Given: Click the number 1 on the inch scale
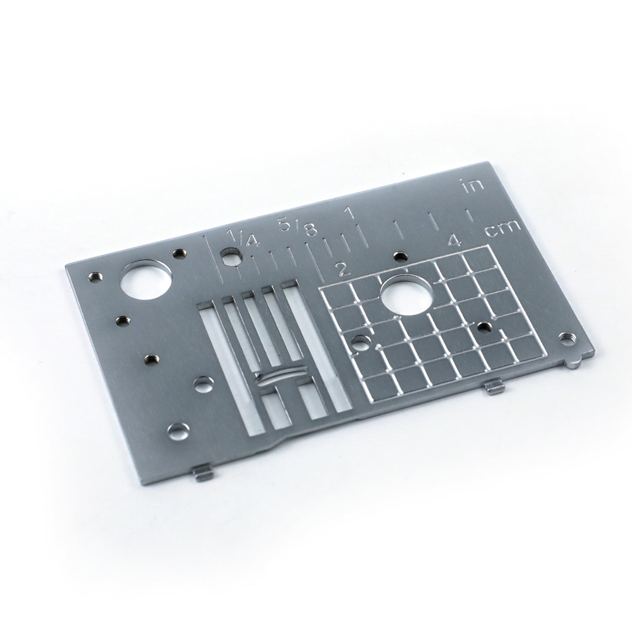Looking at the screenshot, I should (348, 212).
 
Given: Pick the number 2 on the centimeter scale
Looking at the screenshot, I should (343, 269).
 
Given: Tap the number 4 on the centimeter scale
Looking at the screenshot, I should (454, 241).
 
